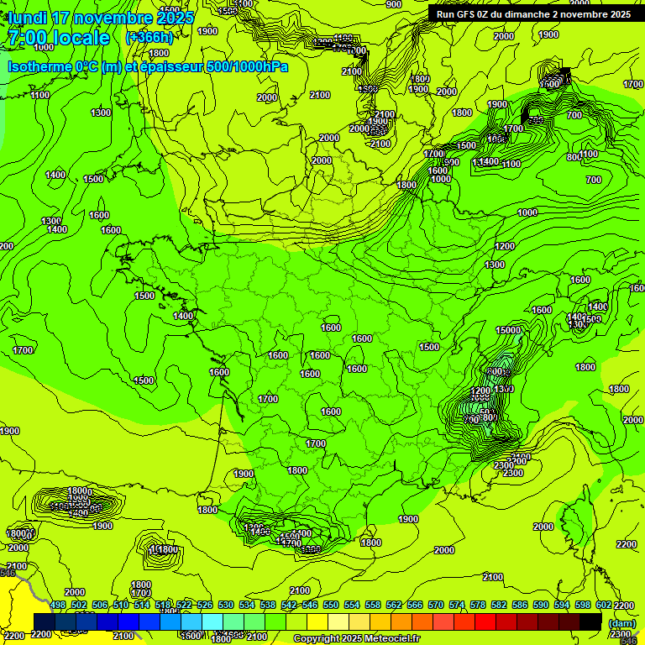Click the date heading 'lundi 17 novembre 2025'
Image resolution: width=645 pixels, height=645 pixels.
click(101, 18)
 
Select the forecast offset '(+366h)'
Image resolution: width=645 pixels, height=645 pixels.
click(149, 38)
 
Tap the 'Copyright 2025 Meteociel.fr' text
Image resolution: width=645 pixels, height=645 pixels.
click(356, 639)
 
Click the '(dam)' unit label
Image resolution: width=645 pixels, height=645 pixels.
click(621, 622)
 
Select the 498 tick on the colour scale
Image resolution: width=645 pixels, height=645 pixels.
click(58, 605)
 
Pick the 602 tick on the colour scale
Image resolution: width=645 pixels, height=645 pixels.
click(604, 605)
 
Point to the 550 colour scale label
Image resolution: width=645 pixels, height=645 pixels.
click(331, 605)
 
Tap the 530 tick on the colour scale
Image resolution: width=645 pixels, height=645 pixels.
click(226, 605)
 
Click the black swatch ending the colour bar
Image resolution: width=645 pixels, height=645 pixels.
click(591, 621)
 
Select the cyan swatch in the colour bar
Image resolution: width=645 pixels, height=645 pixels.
click(213, 621)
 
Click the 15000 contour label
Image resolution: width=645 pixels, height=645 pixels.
click(508, 330)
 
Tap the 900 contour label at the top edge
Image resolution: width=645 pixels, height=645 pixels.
click(393, 4)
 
